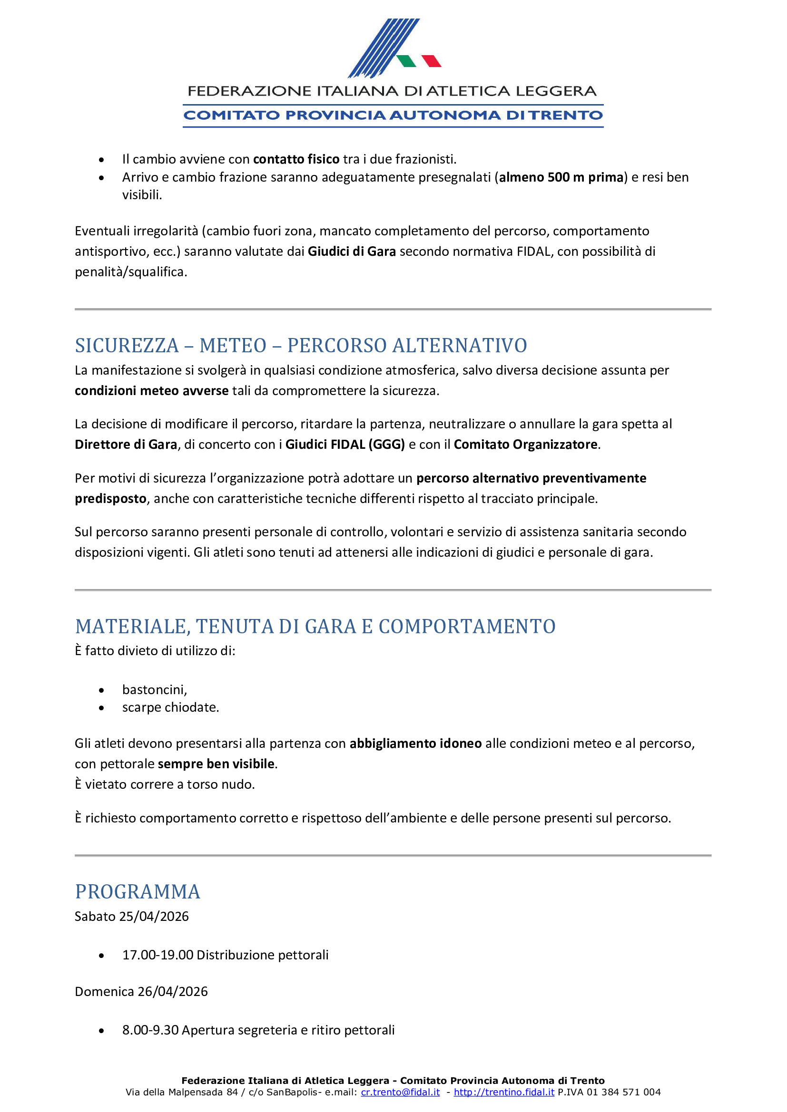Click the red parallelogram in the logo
pos(431,60)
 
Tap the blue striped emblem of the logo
pos(383,48)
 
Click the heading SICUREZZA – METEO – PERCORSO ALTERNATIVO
pos(300,345)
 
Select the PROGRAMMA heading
pos(138,891)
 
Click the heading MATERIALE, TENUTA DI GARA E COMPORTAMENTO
pos(315,626)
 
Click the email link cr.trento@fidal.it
pos(400,1092)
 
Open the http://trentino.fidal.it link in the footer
pos(504,1092)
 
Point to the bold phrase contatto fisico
pos(296,159)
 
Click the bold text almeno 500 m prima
pos(561,177)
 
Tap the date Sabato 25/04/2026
pos(132,916)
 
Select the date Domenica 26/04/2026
pos(141,991)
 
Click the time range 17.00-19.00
pos(157,955)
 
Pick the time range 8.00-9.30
pos(150,1030)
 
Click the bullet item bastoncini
pos(154,690)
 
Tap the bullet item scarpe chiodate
pos(171,707)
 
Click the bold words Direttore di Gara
pos(126,445)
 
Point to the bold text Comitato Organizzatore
pos(525,445)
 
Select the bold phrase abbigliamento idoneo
pos(416,744)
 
